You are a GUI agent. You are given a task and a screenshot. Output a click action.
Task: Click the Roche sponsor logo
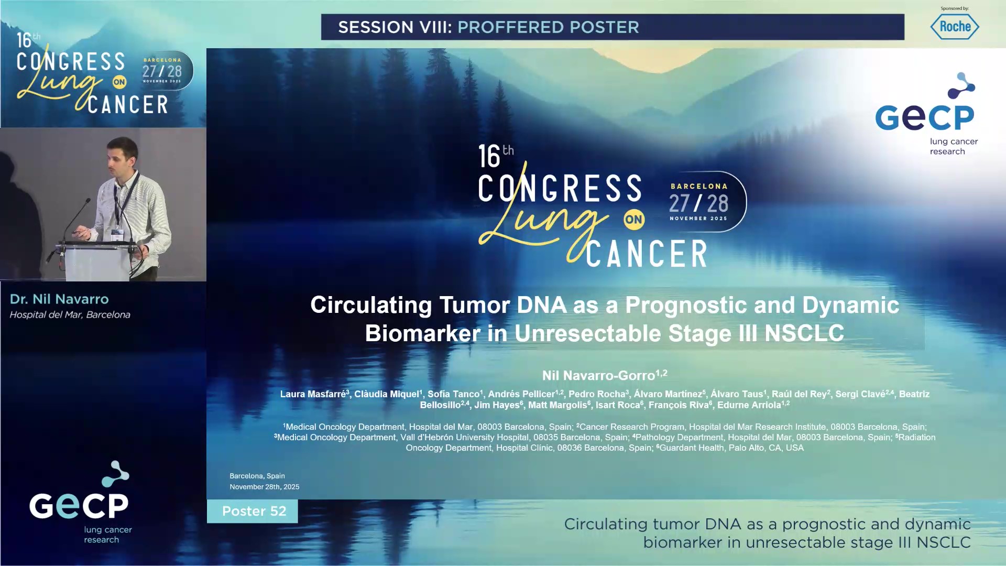[x=954, y=27]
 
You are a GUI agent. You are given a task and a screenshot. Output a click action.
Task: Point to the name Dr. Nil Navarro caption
[x=59, y=299]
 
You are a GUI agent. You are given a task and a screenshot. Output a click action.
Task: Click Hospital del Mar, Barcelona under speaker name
[x=70, y=315]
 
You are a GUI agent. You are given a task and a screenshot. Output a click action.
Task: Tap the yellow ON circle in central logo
[x=633, y=220]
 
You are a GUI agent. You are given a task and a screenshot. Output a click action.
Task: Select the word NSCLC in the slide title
[x=804, y=334]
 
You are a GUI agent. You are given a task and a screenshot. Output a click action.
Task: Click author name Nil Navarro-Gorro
[x=598, y=376]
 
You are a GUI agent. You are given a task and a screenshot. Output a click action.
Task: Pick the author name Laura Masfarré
[x=313, y=394]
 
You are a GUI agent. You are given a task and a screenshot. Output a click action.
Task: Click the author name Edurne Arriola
[x=749, y=405]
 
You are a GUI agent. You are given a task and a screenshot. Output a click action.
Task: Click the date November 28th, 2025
[x=264, y=487]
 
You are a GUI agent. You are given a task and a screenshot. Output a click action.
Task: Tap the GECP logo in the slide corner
[x=925, y=115]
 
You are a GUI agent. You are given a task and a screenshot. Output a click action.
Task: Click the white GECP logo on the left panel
[x=79, y=504]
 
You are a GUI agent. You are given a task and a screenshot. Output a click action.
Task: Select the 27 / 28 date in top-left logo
[x=162, y=72]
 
